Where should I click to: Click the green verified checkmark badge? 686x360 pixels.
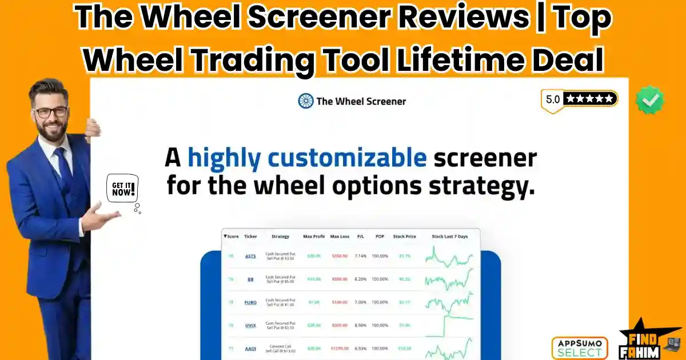point(650,101)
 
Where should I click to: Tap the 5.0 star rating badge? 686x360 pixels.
point(579,99)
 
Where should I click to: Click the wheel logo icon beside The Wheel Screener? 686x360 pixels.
point(306,101)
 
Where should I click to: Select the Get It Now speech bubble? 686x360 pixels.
point(122,189)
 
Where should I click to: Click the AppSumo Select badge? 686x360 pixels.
point(579,347)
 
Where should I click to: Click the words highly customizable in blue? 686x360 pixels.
point(307,157)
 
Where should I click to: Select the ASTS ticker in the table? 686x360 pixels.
point(250,256)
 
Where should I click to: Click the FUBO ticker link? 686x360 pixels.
point(250,302)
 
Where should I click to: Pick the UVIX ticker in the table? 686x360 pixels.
point(250,325)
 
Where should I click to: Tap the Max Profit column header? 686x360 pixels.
point(314,236)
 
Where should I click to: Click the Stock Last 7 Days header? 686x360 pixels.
point(449,236)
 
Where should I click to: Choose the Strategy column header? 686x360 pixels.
point(280,236)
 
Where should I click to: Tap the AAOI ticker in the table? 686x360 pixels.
point(250,348)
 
